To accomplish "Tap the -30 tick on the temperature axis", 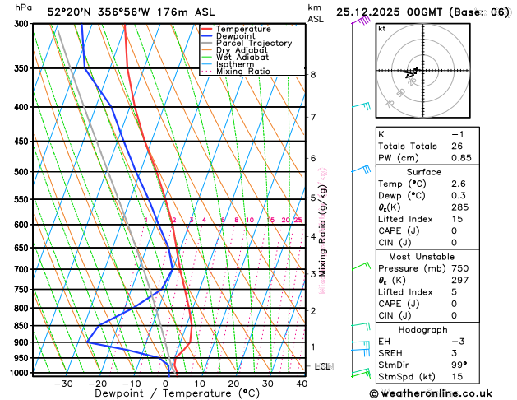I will pos(63,384).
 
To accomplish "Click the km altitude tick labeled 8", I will pos(312,75).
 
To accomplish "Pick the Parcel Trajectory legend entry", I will pos(253,44).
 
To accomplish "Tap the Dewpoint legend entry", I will pos(235,36).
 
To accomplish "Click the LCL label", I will pos(322,366).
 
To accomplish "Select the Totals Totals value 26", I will pos(457,146).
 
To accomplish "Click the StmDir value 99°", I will pos(459,365).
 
